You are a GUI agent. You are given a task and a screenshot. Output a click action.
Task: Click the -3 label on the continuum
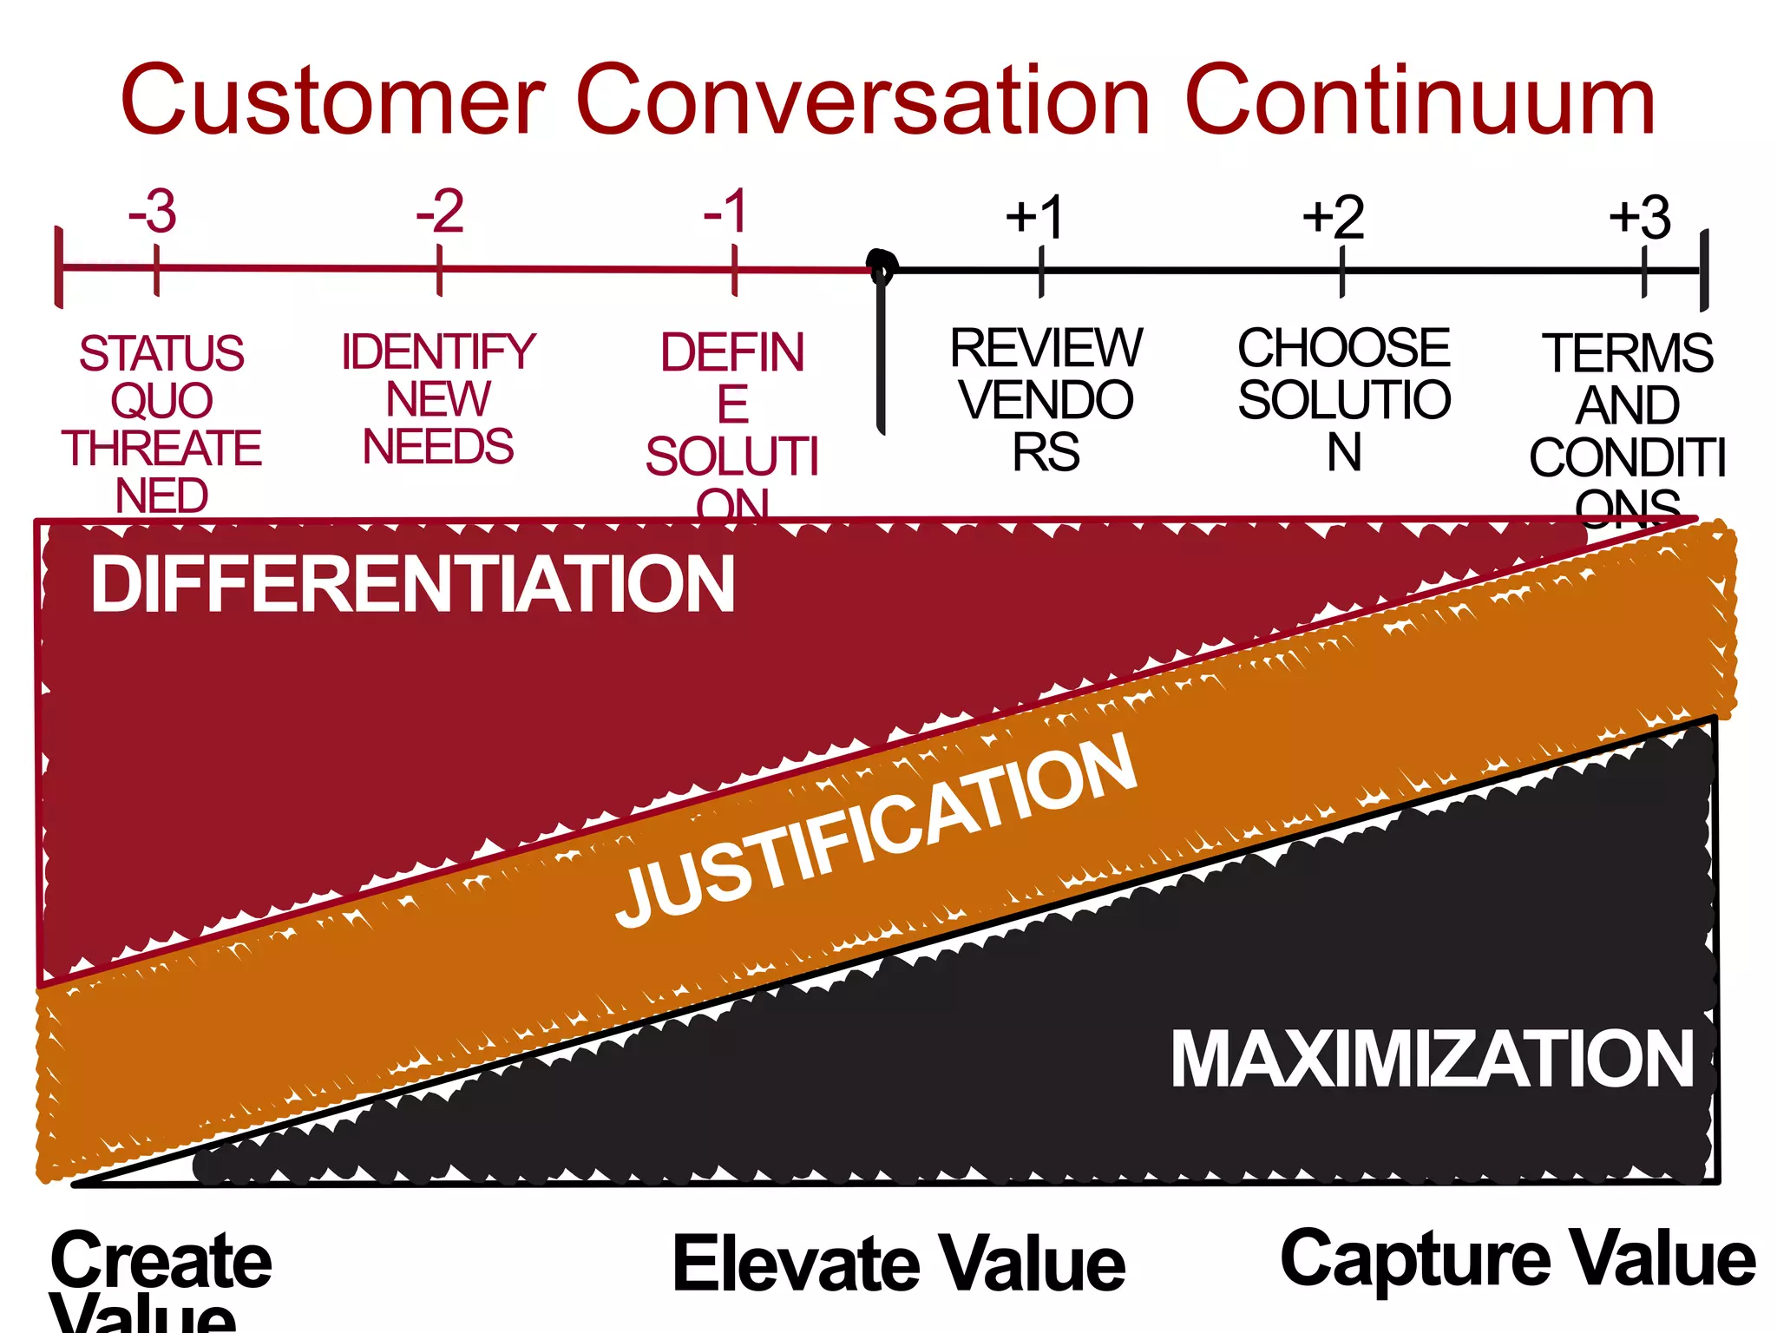[x=153, y=212]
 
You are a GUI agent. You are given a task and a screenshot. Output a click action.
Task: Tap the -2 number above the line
[x=440, y=212]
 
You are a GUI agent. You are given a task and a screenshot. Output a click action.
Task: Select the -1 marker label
[x=725, y=212]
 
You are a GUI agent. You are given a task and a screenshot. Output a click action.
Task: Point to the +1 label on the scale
[x=1034, y=217]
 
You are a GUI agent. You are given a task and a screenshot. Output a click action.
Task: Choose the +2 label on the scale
[x=1334, y=217]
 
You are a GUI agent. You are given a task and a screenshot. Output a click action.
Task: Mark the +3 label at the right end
[x=1640, y=217]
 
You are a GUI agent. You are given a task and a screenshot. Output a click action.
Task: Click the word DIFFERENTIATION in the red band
[x=413, y=585]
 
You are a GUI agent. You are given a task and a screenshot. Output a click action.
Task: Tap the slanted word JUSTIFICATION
[x=876, y=831]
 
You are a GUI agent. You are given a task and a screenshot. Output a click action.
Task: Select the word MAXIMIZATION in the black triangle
[x=1433, y=1059]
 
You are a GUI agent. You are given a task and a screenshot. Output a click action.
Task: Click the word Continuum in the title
[x=1420, y=101]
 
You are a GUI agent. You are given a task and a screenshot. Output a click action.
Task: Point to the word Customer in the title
[x=333, y=101]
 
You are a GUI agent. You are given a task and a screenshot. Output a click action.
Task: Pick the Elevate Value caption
[x=899, y=1264]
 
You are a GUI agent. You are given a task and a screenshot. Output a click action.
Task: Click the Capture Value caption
[x=1518, y=1260]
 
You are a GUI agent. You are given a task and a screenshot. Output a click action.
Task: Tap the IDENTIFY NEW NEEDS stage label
[x=438, y=399]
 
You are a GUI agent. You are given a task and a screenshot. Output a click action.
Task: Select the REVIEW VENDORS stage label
[x=1046, y=399]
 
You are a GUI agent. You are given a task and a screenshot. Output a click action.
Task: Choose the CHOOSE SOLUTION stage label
[x=1344, y=399]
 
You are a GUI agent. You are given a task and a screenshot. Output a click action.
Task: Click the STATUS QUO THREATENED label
[x=161, y=424]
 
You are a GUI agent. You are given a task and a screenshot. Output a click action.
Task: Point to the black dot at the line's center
[x=882, y=264]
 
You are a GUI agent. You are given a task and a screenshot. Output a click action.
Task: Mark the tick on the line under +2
[x=1341, y=272]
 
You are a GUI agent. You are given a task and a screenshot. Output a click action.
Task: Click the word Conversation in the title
[x=863, y=101]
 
